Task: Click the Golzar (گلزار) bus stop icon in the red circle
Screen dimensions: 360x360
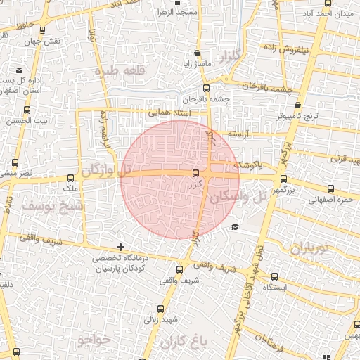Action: [195, 173]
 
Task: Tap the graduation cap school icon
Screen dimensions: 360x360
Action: [234, 226]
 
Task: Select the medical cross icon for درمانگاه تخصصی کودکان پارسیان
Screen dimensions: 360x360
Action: [121, 247]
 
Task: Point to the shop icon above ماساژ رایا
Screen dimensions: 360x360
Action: [195, 53]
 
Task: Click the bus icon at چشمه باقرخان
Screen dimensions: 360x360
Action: [206, 89]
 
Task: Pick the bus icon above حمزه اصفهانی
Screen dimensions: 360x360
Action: [330, 188]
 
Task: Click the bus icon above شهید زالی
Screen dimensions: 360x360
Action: [160, 308]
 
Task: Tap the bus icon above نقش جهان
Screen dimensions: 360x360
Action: [44, 30]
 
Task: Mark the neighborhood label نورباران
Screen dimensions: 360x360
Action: [309, 248]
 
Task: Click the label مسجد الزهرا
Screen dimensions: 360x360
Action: [176, 13]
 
